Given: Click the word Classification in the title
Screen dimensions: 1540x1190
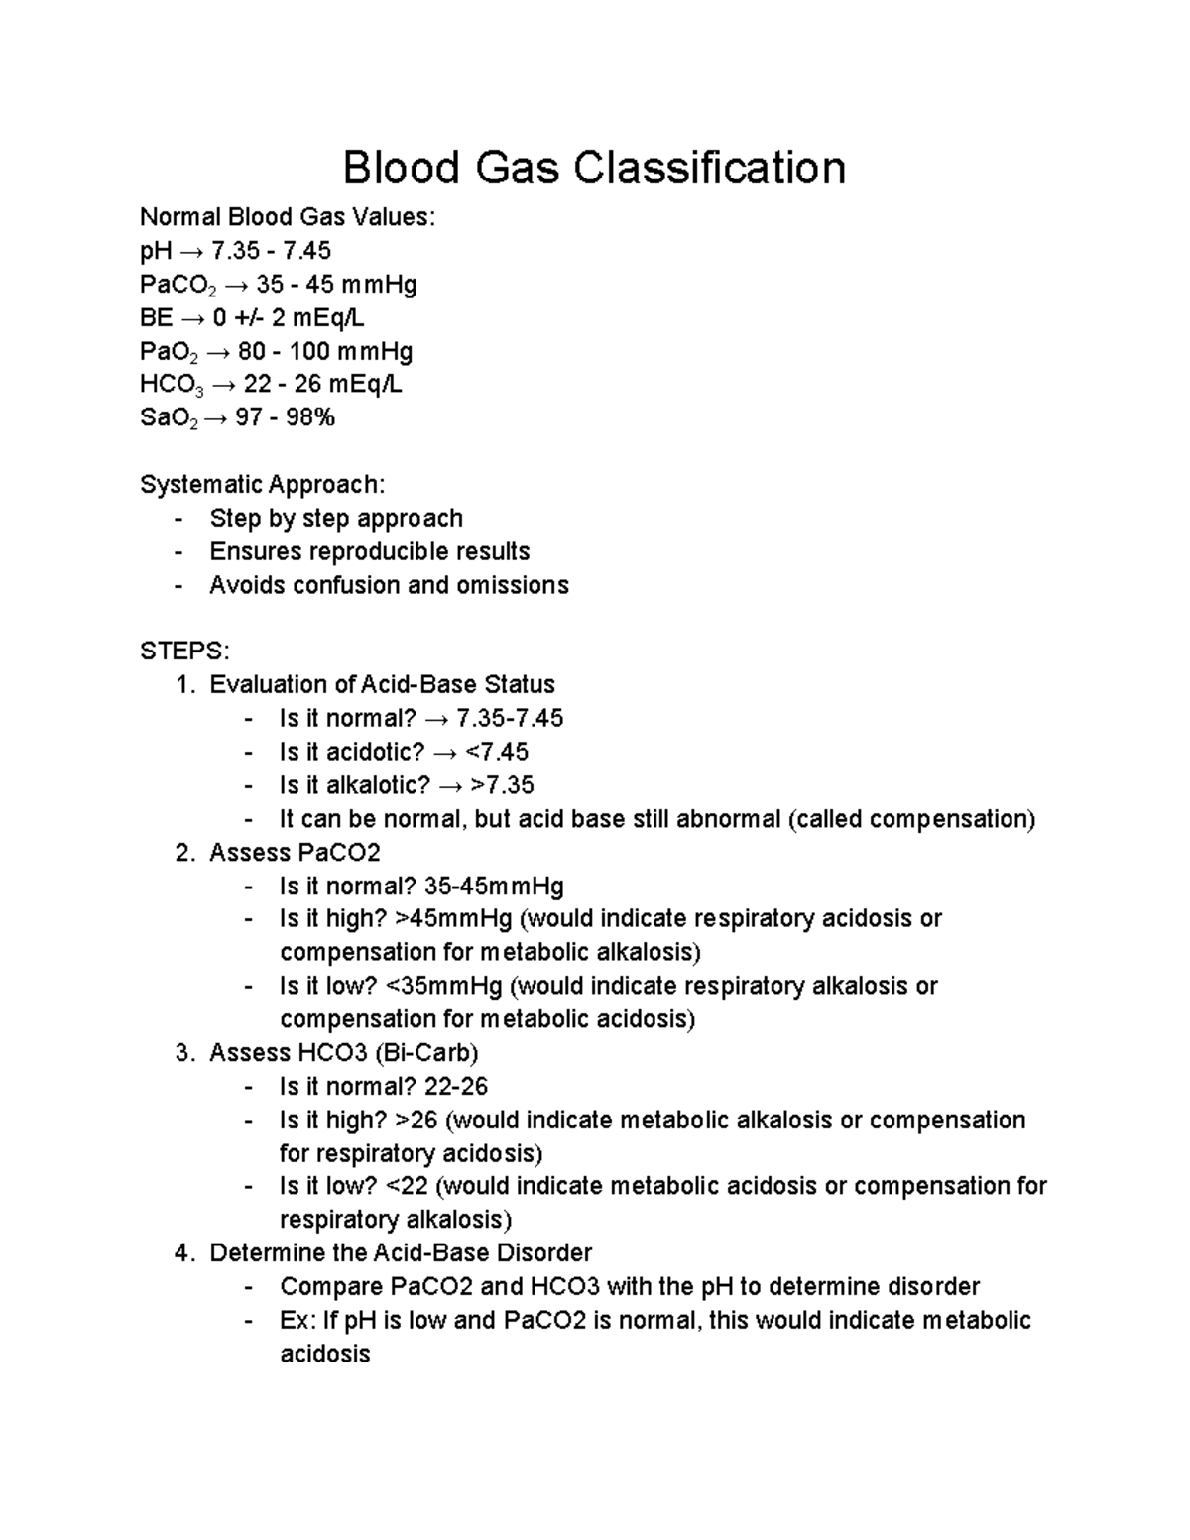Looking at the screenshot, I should point(709,168).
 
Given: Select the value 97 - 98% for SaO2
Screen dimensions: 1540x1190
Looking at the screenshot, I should point(286,418).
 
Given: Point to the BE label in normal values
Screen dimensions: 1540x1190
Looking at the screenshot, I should point(156,318).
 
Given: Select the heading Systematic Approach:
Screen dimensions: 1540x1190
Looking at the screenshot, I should point(262,485).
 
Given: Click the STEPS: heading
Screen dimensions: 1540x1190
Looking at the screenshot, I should point(184,652).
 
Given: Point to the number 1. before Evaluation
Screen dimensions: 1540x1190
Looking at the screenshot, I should point(183,685).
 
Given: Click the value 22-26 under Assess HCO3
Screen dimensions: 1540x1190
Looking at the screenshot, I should point(455,1087).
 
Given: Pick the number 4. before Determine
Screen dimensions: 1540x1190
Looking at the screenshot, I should point(183,1253).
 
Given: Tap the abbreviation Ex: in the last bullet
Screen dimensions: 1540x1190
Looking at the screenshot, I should point(297,1321).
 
